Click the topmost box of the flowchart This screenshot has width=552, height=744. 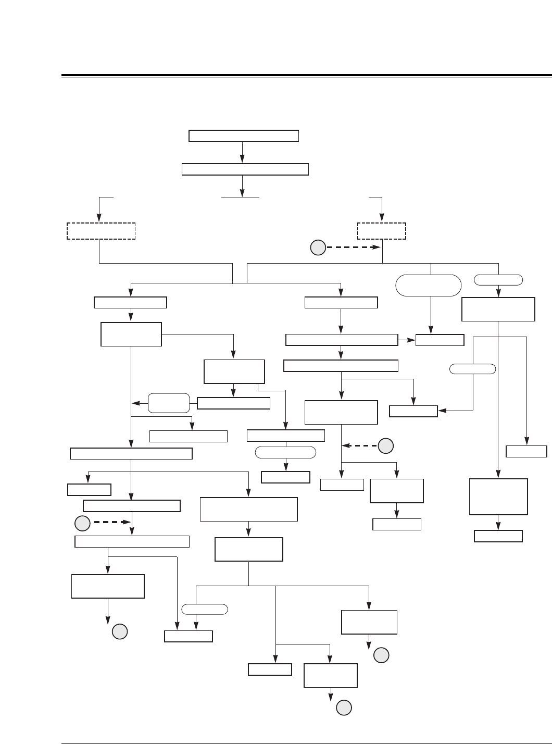tap(243, 136)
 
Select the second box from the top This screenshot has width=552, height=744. tap(245, 169)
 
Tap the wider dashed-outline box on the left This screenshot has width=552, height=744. tap(101, 231)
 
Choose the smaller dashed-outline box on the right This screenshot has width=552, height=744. tap(382, 231)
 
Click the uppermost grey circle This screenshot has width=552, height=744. tap(318, 248)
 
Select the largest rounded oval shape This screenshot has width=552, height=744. tap(429, 286)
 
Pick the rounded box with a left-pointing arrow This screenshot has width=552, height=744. tap(169, 403)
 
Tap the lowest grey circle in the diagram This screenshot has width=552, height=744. tap(343, 708)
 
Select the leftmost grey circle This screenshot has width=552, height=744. tap(82, 523)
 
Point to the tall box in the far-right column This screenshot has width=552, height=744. tap(498, 497)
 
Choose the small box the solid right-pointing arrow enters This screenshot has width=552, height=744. tap(440, 340)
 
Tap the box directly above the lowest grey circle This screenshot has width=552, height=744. tap(330, 675)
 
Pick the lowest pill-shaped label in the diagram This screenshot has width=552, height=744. tap(205, 609)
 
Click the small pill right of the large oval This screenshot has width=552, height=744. tap(498, 280)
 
